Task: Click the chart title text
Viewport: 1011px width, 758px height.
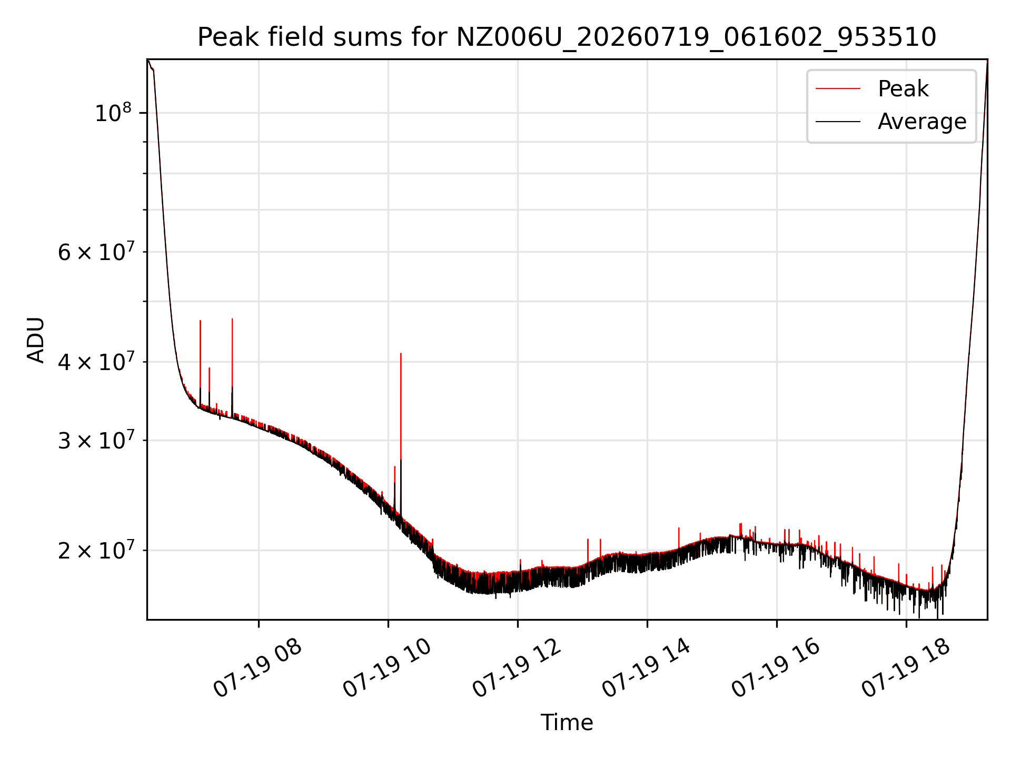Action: pos(567,37)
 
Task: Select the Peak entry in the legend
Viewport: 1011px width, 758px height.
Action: pos(903,88)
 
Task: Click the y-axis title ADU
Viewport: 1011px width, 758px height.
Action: pos(36,340)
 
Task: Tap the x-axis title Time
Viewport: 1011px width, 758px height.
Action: pos(567,722)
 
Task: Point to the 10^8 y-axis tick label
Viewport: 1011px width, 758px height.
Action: pos(113,113)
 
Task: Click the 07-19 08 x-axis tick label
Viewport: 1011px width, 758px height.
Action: pos(257,669)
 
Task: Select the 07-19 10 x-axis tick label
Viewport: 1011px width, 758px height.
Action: pos(387,669)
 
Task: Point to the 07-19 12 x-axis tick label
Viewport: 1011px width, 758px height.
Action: pos(517,669)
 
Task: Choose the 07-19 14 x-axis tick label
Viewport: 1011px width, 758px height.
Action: pos(646,669)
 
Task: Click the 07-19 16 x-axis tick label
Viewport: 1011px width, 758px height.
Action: pos(776,669)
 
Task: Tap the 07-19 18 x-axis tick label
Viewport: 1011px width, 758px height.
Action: pos(905,669)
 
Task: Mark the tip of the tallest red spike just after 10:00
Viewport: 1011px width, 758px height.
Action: pos(401,354)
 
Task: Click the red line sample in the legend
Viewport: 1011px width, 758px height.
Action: pos(838,88)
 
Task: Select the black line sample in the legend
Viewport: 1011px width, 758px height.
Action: pos(838,122)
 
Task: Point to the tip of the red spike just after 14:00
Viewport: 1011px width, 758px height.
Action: pos(679,528)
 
